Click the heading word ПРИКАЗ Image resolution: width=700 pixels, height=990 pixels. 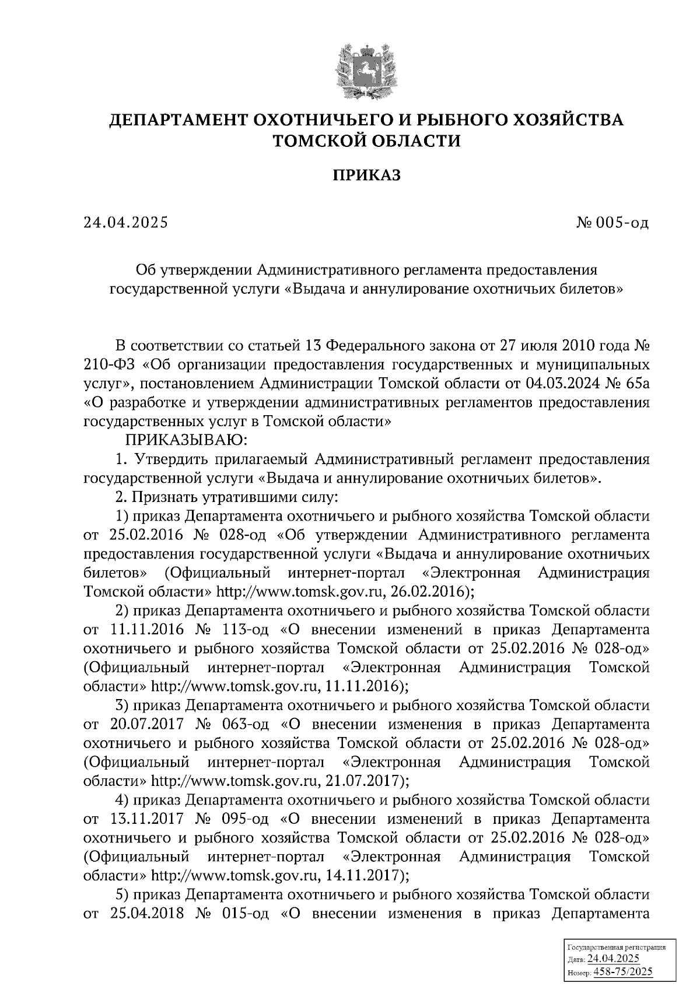click(367, 175)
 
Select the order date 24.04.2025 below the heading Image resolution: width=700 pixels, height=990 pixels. click(125, 223)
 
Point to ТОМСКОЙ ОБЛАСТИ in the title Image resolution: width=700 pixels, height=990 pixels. click(367, 141)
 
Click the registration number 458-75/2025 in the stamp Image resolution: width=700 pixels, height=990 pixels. click(623, 971)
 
